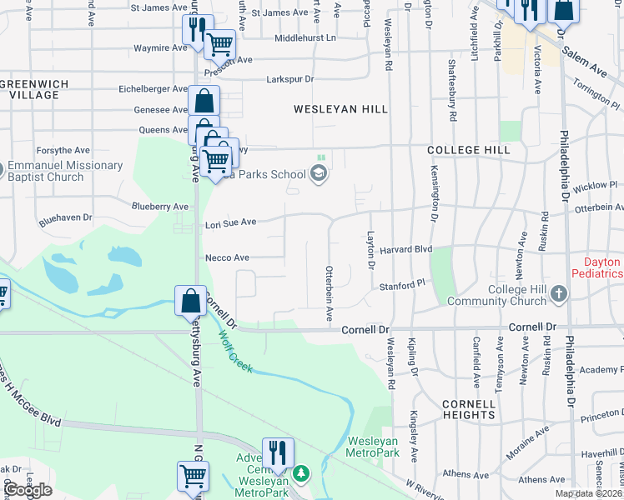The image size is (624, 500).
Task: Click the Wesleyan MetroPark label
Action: (372, 447)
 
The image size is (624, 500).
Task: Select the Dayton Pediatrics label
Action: (596, 267)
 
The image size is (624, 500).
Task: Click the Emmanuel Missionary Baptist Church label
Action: (65, 171)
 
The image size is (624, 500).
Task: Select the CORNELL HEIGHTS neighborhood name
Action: (469, 408)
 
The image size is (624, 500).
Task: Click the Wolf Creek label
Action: (237, 350)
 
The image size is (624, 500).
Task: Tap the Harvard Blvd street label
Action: (406, 249)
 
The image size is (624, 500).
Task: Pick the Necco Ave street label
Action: (227, 258)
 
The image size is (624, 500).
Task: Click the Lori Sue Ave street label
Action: (230, 222)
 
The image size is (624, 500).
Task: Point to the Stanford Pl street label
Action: (402, 286)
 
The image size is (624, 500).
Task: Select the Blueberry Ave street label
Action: (160, 206)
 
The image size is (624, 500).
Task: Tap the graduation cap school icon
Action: (317, 173)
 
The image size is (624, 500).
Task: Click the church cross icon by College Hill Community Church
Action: (559, 293)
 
